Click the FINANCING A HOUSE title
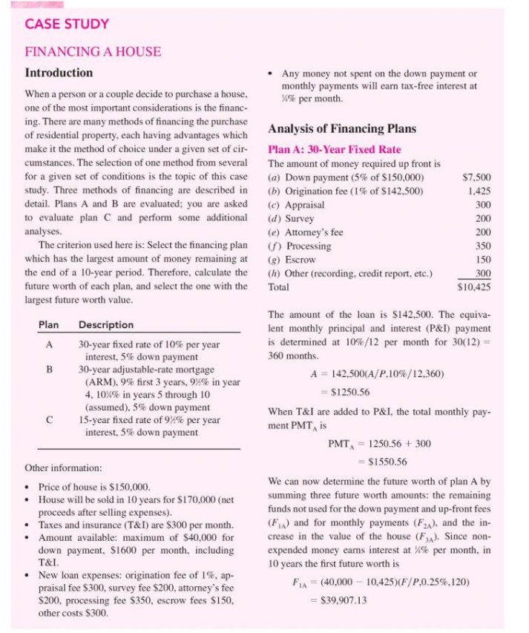tap(93, 52)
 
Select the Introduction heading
tap(59, 73)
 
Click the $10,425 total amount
tap(475, 286)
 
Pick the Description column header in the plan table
tap(106, 324)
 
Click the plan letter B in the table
tap(48, 369)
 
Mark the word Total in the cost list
tap(278, 286)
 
